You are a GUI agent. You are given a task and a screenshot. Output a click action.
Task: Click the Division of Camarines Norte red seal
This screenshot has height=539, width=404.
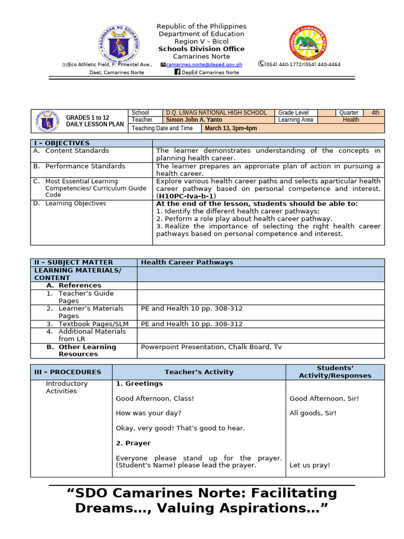point(308,44)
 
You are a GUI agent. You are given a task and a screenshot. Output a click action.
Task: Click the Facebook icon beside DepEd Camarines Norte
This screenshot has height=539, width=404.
point(177,72)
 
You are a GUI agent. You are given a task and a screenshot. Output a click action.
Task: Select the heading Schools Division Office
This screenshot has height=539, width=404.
point(202,49)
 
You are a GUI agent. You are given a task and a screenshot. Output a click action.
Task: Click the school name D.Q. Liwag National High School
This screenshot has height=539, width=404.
point(216,113)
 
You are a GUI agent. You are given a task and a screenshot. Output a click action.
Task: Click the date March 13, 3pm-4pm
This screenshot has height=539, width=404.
point(231,128)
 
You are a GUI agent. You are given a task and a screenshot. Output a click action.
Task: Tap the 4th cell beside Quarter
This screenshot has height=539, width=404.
point(375,113)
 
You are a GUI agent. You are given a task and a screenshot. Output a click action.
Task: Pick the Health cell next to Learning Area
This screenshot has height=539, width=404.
point(351,120)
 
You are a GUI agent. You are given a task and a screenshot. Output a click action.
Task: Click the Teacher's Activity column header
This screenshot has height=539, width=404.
point(199,372)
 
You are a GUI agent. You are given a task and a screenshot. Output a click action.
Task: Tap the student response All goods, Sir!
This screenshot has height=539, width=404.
point(313,413)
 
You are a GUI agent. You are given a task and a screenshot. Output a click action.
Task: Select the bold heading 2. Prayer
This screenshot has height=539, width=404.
point(133,443)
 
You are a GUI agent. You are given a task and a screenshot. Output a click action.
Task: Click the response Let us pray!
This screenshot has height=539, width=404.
point(310,465)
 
